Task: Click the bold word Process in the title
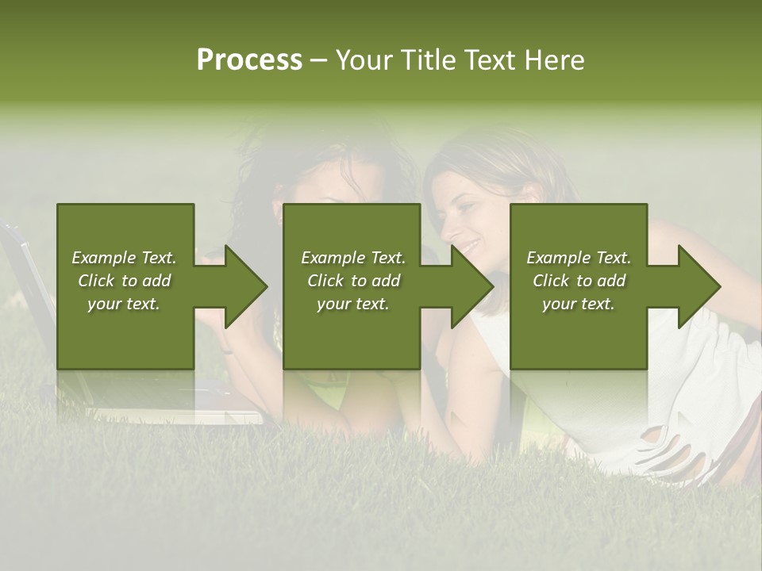(249, 60)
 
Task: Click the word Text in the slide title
(491, 60)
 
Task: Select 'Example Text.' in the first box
(124, 258)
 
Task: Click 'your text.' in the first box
(124, 304)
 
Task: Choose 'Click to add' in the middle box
(353, 281)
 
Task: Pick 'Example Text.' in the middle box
(353, 258)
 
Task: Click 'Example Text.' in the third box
(579, 258)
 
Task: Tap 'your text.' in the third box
(579, 304)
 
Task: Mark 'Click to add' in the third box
(579, 281)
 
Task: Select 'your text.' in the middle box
(353, 304)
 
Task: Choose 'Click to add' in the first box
(124, 281)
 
